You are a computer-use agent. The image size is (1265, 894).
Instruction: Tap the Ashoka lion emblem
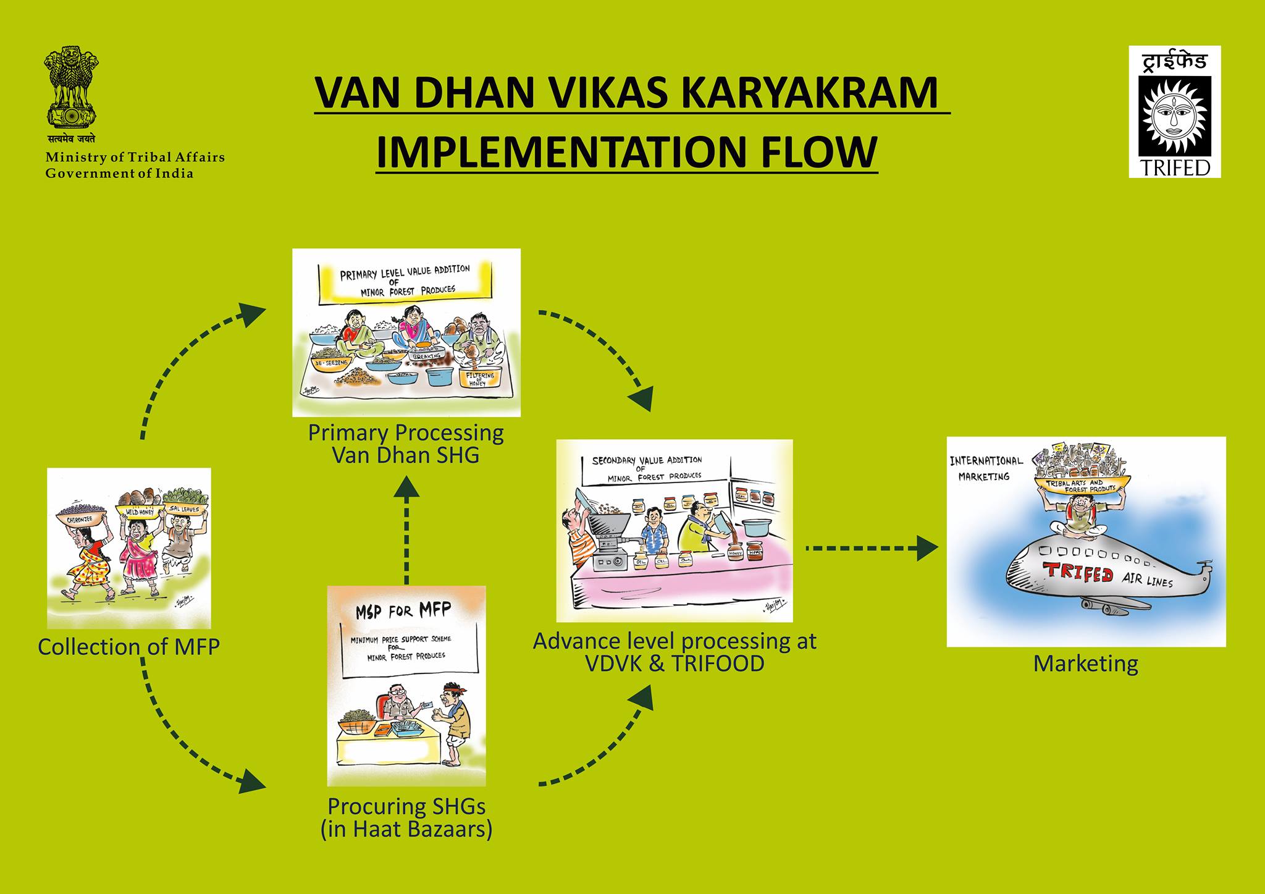tap(71, 87)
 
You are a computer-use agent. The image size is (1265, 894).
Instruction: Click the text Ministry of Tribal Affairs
tap(135, 157)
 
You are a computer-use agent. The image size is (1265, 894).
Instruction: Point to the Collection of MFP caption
tap(128, 647)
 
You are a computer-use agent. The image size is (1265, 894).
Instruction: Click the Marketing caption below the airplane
tap(1085, 664)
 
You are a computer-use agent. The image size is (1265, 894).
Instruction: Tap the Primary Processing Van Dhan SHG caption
tap(406, 444)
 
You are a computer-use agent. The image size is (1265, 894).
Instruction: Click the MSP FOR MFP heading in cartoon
tap(403, 612)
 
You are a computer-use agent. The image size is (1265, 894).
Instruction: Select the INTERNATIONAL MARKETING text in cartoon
tap(986, 468)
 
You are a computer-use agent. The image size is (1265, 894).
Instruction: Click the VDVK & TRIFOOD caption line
tap(675, 664)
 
